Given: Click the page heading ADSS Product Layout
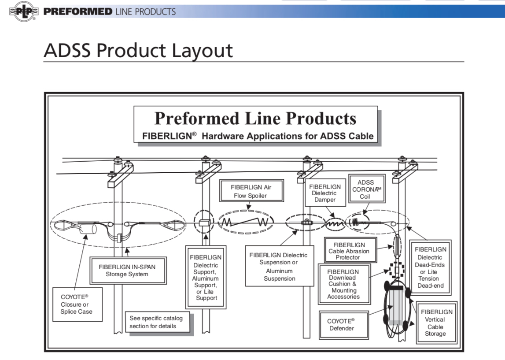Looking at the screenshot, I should click(138, 51).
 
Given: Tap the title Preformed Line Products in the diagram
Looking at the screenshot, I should click(255, 118).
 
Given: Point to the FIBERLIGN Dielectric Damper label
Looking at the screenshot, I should click(324, 193).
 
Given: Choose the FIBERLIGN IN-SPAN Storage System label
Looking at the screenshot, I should click(127, 271).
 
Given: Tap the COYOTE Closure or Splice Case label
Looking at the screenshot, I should click(77, 304).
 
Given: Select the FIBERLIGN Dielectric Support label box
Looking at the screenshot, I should click(206, 277).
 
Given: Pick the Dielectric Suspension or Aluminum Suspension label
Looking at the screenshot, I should click(279, 267).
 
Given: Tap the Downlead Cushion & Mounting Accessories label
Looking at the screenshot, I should click(343, 284).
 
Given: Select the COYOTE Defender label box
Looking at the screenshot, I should click(341, 324).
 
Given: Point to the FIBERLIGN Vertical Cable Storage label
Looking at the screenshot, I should click(435, 323).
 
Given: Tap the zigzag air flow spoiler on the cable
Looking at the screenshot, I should click(245, 223).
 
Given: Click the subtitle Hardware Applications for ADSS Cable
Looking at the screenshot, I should click(258, 136).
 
